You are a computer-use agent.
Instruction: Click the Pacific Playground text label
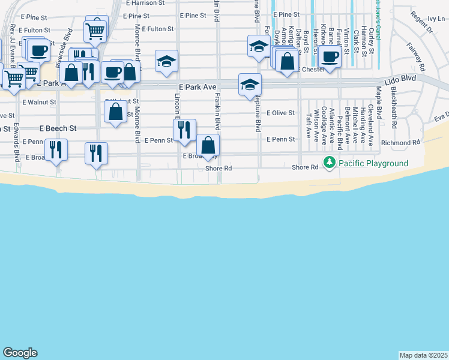click(x=373, y=163)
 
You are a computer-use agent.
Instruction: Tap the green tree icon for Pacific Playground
click(x=329, y=163)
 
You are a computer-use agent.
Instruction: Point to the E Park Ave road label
click(x=197, y=88)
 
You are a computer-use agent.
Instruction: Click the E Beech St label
click(x=58, y=128)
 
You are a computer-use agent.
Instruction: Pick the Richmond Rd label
click(x=400, y=143)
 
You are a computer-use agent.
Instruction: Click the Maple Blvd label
click(x=379, y=103)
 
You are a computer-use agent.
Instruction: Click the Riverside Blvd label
click(x=63, y=43)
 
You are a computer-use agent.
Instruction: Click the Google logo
click(x=20, y=353)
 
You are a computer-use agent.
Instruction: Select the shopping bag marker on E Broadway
click(x=208, y=145)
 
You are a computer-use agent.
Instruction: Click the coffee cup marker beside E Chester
click(x=330, y=56)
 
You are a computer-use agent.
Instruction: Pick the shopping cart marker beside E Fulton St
click(x=95, y=30)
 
